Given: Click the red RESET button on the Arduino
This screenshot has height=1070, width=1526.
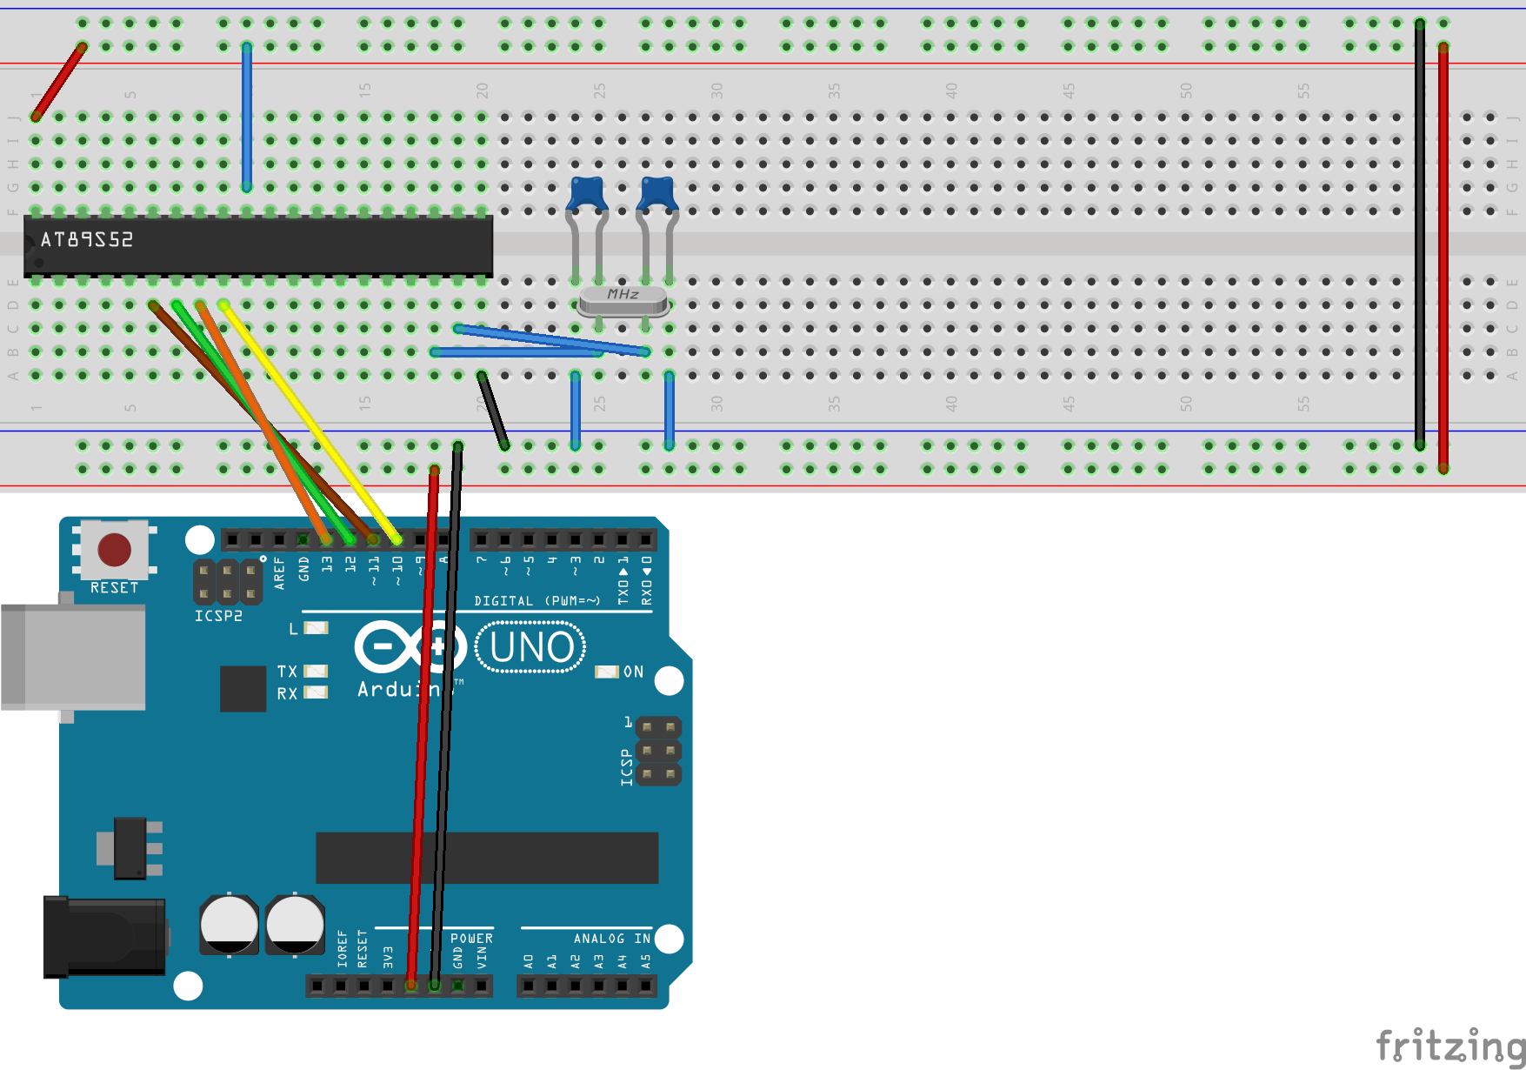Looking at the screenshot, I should click(114, 550).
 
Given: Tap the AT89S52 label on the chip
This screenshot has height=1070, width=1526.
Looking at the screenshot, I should click(87, 239).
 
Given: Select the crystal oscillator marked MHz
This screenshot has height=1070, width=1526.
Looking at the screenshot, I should click(623, 299).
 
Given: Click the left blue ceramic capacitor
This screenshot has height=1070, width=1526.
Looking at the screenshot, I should click(588, 193).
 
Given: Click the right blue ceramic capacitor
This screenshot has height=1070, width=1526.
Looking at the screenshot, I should click(657, 193).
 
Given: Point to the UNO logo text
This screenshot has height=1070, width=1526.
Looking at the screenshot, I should click(531, 647).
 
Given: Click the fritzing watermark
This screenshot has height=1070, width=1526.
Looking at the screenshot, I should click(1448, 1044).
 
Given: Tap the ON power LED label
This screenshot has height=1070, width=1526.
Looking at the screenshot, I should click(633, 672).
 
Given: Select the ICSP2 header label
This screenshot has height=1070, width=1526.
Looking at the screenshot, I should click(218, 616).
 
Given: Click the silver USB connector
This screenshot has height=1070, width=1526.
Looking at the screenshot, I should click(73, 657).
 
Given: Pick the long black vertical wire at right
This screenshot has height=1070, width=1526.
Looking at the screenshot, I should click(1420, 235).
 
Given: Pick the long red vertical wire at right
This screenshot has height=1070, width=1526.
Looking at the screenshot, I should click(1443, 261).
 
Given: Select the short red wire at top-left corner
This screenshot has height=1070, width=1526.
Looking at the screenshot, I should click(59, 81).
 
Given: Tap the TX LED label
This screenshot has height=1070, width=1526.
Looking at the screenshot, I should click(287, 672).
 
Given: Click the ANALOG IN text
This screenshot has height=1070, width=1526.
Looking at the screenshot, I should click(611, 939).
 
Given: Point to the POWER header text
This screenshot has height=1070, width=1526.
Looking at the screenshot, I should click(471, 939).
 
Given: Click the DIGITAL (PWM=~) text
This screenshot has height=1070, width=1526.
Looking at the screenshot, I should click(536, 601).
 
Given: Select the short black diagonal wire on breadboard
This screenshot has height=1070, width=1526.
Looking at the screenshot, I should click(493, 411).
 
